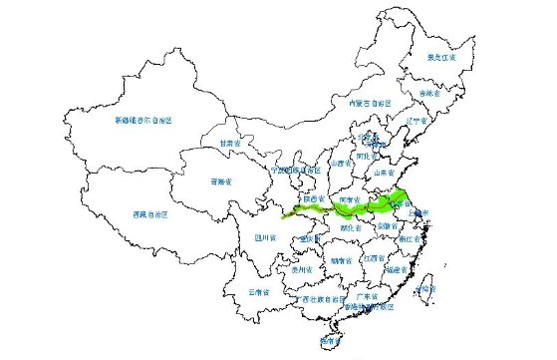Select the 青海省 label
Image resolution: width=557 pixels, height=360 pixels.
(221, 181)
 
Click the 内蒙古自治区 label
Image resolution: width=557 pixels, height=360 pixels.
(364, 103)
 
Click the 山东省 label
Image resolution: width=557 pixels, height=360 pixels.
(386, 172)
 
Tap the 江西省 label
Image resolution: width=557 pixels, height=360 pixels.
(374, 258)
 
